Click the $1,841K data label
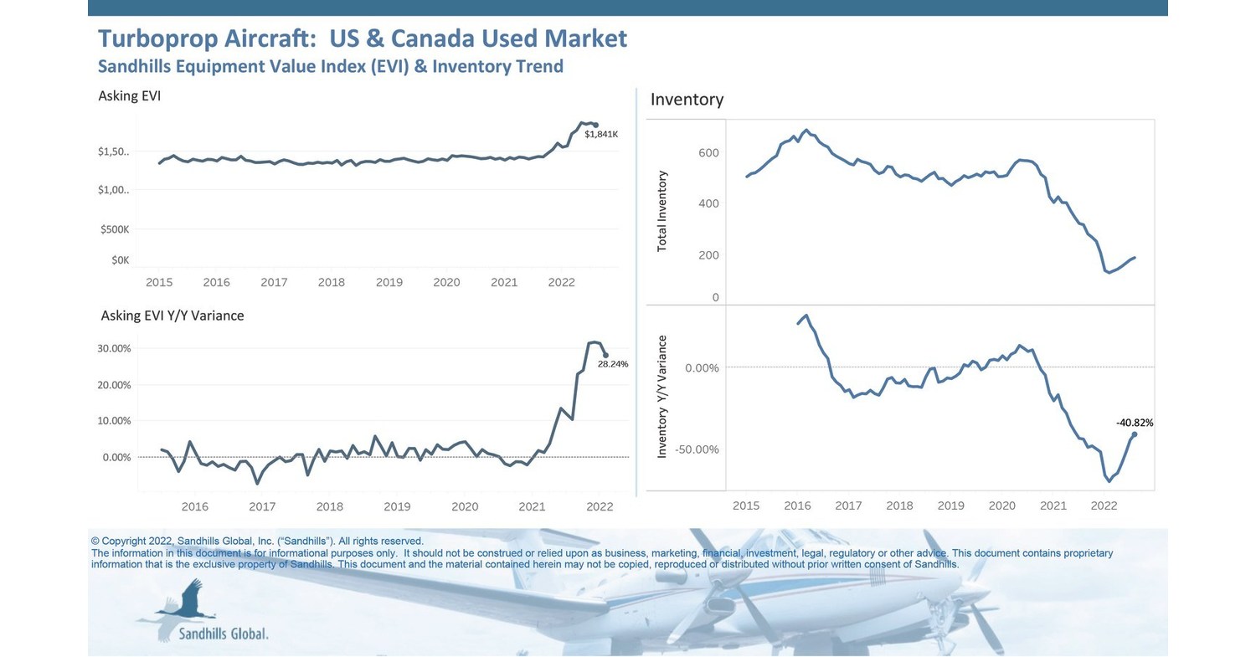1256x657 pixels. (x=600, y=134)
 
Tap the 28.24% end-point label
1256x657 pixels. (x=612, y=364)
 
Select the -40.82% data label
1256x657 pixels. (x=1134, y=423)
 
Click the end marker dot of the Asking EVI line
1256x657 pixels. (x=595, y=125)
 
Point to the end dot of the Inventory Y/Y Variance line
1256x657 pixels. (x=1135, y=434)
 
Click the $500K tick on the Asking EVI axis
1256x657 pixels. (x=115, y=229)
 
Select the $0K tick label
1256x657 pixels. (x=120, y=260)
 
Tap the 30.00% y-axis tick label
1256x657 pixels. (x=115, y=348)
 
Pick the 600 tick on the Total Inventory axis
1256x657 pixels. (x=708, y=153)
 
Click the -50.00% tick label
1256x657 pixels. (x=696, y=449)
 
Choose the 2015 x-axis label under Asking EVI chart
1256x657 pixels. (x=159, y=283)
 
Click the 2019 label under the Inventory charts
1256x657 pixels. (x=950, y=506)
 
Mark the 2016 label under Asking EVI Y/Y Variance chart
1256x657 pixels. (x=194, y=506)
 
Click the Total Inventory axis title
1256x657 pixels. (x=662, y=211)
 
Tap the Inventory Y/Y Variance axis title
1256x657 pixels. (x=662, y=396)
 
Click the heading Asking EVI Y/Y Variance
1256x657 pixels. (x=172, y=316)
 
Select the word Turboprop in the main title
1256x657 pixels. (x=155, y=38)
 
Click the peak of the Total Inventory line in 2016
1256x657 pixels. (x=806, y=131)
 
